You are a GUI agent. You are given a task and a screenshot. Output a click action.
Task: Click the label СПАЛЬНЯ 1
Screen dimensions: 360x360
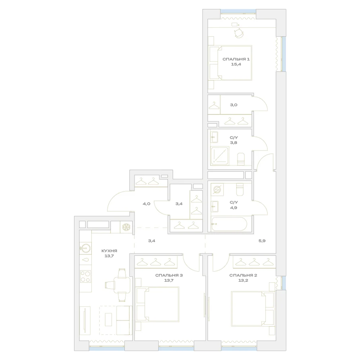pyautogui.click(x=236, y=59)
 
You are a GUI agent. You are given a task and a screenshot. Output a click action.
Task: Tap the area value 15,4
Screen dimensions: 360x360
pyautogui.click(x=236, y=64)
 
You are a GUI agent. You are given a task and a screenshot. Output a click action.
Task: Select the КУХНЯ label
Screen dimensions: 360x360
pyautogui.click(x=109, y=251)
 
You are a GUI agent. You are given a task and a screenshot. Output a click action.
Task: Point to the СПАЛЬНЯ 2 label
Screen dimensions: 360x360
pyautogui.click(x=243, y=275)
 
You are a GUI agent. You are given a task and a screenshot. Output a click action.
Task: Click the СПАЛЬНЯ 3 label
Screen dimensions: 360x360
pyautogui.click(x=169, y=275)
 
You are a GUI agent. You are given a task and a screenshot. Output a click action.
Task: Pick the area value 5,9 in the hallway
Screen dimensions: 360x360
pyautogui.click(x=262, y=241)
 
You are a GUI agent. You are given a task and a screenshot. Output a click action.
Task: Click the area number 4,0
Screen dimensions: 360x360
pyautogui.click(x=147, y=204)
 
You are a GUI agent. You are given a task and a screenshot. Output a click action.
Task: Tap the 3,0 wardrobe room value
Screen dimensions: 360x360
pyautogui.click(x=234, y=105)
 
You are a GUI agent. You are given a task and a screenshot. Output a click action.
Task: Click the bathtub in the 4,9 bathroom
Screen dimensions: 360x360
pyautogui.click(x=229, y=224)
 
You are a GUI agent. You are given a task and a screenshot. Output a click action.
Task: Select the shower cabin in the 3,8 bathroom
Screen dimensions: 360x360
pyautogui.click(x=220, y=156)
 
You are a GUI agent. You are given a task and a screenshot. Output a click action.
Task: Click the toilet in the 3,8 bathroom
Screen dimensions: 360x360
pyautogui.click(x=241, y=159)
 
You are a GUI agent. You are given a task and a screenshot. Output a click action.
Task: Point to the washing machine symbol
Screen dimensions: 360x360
pyautogui.click(x=217, y=190)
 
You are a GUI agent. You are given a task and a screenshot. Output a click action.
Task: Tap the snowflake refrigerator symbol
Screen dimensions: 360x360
pyautogui.click(x=126, y=227)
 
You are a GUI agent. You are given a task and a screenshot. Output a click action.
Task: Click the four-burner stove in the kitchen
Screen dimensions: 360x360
pyautogui.click(x=85, y=276)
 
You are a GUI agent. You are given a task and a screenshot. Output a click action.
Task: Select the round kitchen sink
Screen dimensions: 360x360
pyautogui.click(x=85, y=248)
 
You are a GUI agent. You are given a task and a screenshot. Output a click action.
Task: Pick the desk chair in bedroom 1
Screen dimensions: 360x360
pyautogui.click(x=239, y=33)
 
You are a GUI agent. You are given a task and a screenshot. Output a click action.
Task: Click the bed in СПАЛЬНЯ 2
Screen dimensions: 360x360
pyautogui.click(x=253, y=309)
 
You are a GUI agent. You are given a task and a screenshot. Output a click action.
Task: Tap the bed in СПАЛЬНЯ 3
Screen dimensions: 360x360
pyautogui.click(x=158, y=304)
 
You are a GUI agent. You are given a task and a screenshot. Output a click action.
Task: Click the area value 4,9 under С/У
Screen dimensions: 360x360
pyautogui.click(x=234, y=208)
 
